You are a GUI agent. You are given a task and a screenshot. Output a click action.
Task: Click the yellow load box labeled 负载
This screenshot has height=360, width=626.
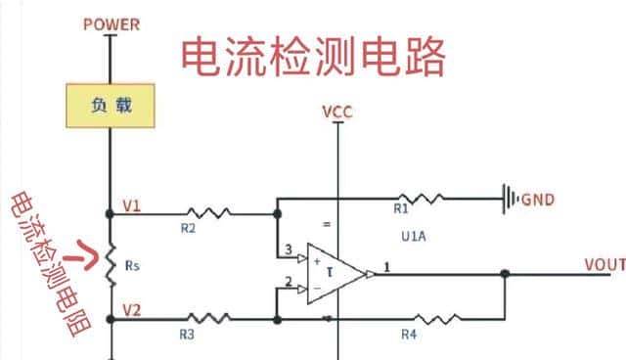pyautogui.click(x=110, y=105)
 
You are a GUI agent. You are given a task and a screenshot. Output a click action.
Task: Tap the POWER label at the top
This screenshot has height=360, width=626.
pyautogui.click(x=112, y=23)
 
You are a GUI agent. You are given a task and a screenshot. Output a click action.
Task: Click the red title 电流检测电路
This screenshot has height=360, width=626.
pyautogui.click(x=313, y=56)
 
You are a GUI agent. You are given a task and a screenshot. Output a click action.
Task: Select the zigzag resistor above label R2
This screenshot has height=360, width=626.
pyautogui.click(x=207, y=211)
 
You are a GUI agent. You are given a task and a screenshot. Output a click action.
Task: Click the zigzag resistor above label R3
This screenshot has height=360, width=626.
pyautogui.click(x=207, y=319)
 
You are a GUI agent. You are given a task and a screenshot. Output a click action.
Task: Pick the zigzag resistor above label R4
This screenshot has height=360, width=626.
pyautogui.click(x=431, y=319)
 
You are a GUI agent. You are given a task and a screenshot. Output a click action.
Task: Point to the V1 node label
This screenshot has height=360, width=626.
pyautogui.click(x=132, y=205)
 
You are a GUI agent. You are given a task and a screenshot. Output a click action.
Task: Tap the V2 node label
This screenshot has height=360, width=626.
pyautogui.click(x=132, y=310)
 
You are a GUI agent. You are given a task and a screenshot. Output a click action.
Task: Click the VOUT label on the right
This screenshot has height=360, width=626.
pyautogui.click(x=604, y=265)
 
